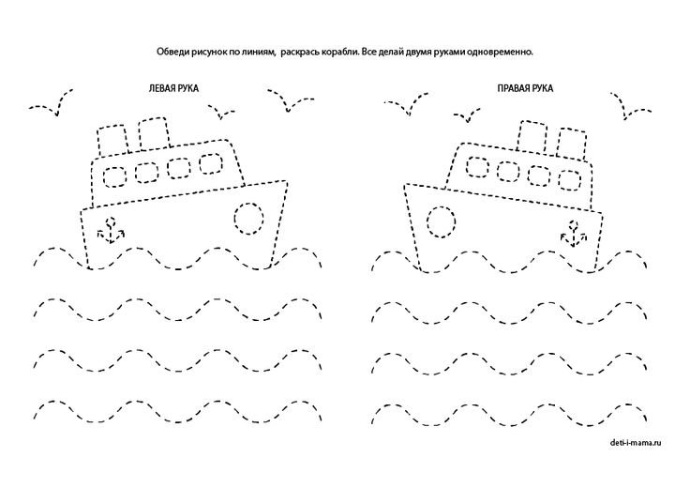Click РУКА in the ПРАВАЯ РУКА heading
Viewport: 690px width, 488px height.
click(x=541, y=87)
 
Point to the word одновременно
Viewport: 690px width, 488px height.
click(x=511, y=52)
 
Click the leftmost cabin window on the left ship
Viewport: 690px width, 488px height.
click(x=116, y=175)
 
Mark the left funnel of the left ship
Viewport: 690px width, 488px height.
click(x=113, y=139)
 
